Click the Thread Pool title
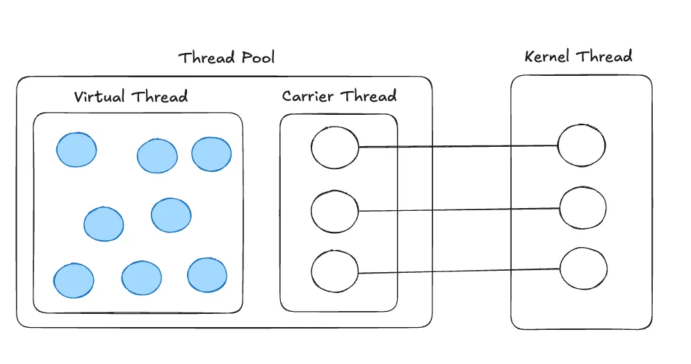[x=227, y=57]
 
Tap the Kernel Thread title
[x=578, y=56]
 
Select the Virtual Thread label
[x=131, y=96]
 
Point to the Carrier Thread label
[x=339, y=96]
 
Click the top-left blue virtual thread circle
[x=76, y=150]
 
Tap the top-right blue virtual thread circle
[x=211, y=154]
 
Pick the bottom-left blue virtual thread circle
[x=74, y=280]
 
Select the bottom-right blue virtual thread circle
[x=207, y=276]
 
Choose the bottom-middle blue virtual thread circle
[x=141, y=278]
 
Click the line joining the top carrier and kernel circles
[x=458, y=146]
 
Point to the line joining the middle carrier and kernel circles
[x=460, y=209]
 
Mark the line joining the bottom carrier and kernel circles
[x=460, y=271]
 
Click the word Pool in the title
[x=258, y=57]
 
